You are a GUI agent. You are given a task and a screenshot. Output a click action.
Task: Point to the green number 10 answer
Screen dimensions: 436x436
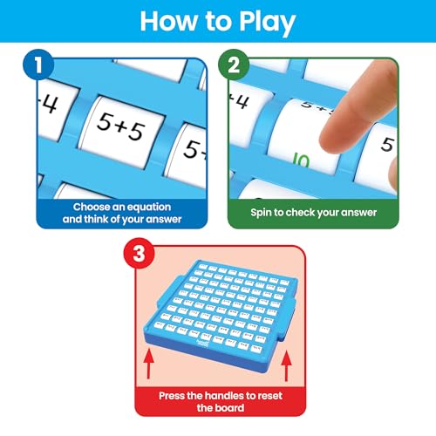click(301, 160)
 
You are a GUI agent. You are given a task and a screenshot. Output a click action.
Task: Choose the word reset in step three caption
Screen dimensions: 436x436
click(275, 393)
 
